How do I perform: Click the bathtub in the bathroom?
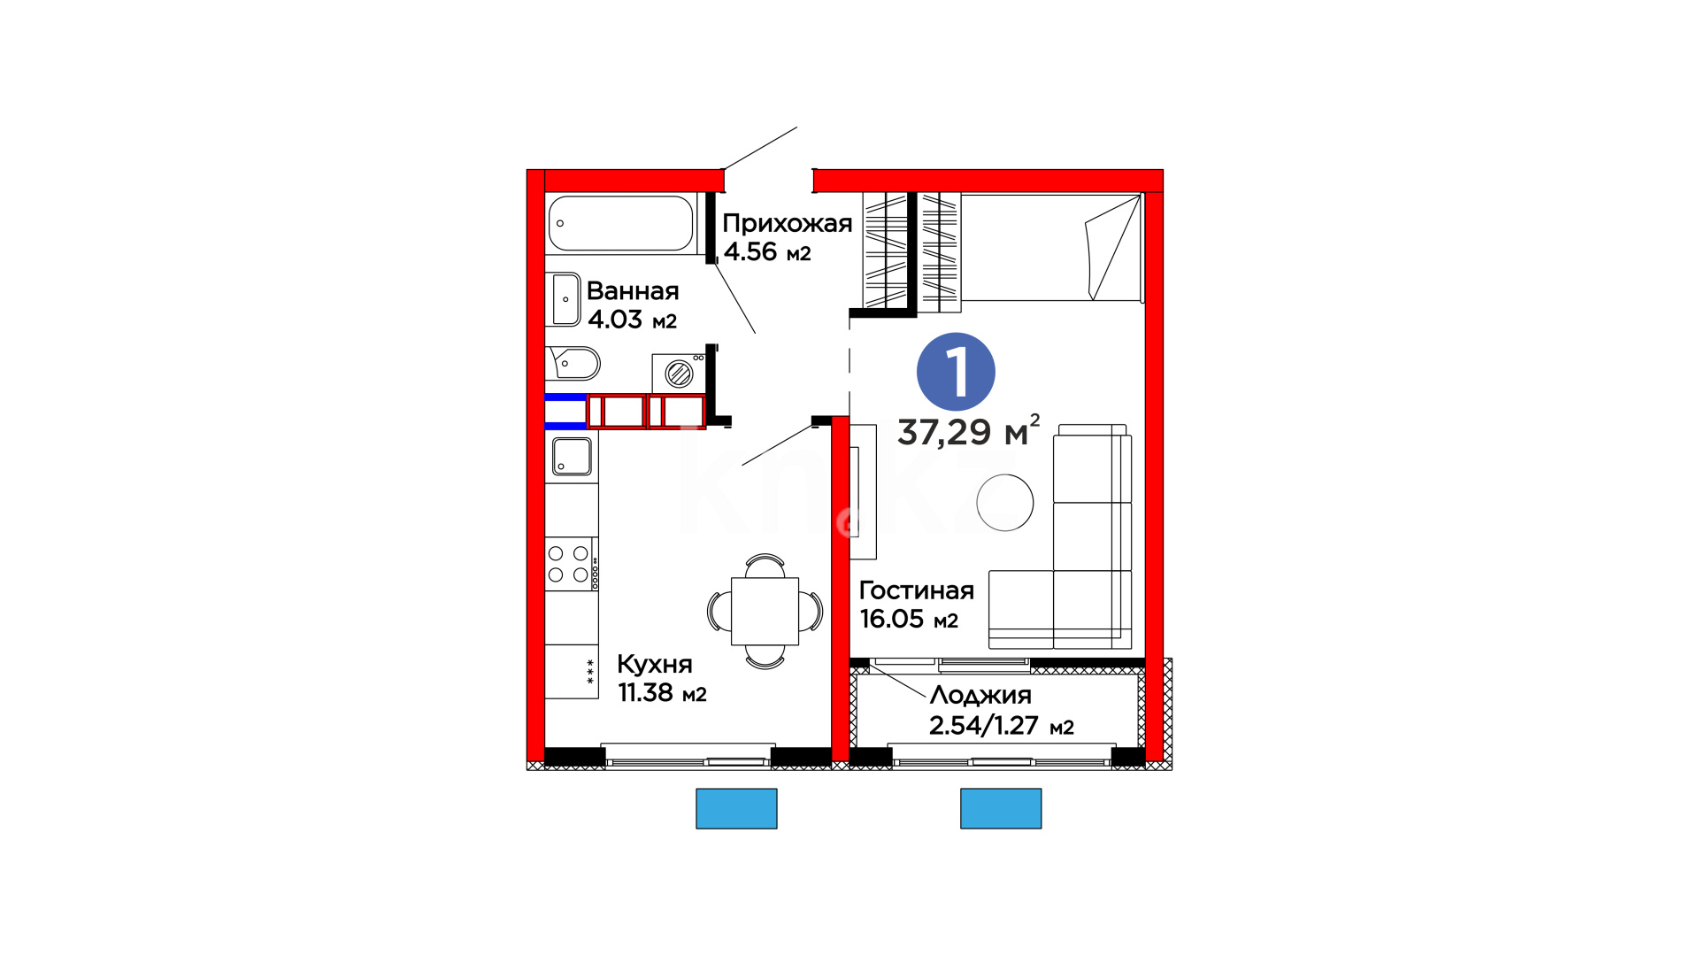pyautogui.click(x=620, y=223)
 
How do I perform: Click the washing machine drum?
pyautogui.click(x=679, y=374)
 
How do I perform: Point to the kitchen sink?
pyautogui.click(x=572, y=457)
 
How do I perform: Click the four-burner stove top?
pyautogui.click(x=570, y=564)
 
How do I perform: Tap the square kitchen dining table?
pyautogui.click(x=765, y=611)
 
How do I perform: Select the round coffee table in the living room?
pyautogui.click(x=1005, y=502)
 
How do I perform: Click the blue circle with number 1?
pyautogui.click(x=956, y=372)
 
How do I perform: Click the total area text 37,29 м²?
pyautogui.click(x=968, y=431)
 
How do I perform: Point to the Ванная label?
pyautogui.click(x=633, y=290)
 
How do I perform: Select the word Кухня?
pyautogui.click(x=655, y=665)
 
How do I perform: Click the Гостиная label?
pyautogui.click(x=917, y=590)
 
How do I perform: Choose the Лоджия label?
pyautogui.click(x=980, y=696)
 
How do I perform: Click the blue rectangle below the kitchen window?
pyautogui.click(x=736, y=808)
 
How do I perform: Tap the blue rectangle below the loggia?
pyautogui.click(x=1001, y=808)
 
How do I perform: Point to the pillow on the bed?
pyautogui.click(x=1112, y=248)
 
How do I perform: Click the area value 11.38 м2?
pyautogui.click(x=662, y=692)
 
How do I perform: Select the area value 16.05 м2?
pyautogui.click(x=909, y=619)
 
